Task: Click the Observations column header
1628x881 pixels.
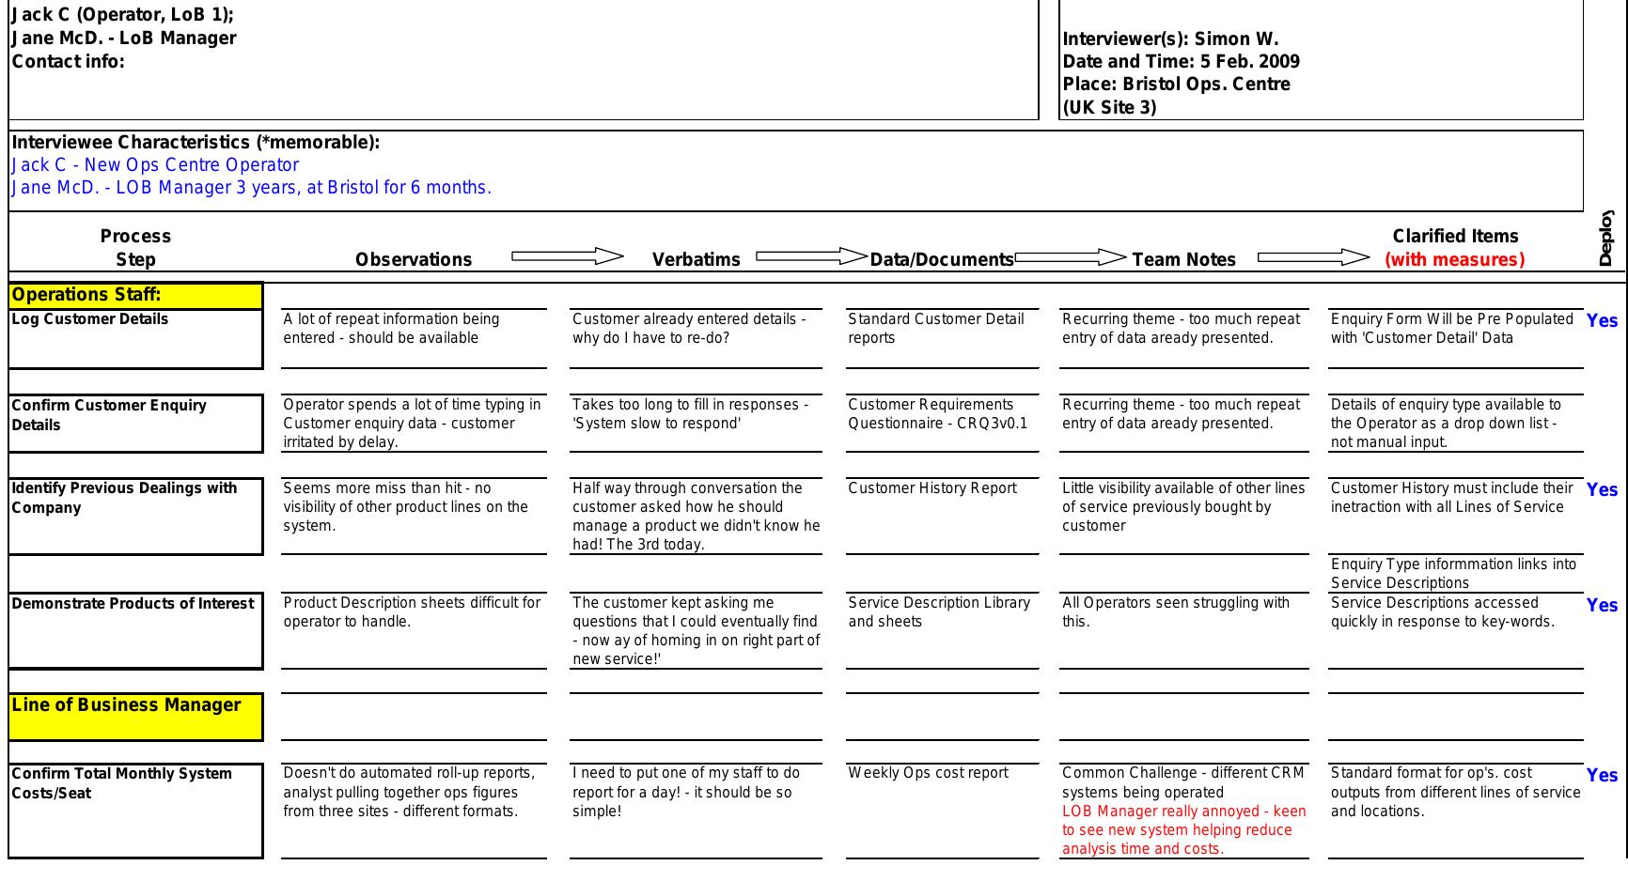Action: (x=414, y=260)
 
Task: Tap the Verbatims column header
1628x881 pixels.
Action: (x=696, y=260)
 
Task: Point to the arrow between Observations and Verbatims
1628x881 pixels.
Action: (x=568, y=256)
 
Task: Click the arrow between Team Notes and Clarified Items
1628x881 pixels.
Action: (x=1313, y=257)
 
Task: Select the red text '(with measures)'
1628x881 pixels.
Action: (x=1454, y=260)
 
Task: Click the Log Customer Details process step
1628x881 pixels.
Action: (x=90, y=319)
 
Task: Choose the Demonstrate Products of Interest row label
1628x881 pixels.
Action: (x=133, y=604)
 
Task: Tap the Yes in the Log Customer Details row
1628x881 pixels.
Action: (x=1602, y=321)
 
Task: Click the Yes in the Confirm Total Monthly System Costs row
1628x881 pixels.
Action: (x=1602, y=776)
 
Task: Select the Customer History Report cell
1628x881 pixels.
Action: (x=931, y=488)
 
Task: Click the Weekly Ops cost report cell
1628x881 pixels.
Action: (x=928, y=773)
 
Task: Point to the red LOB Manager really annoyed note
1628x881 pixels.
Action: (x=1183, y=830)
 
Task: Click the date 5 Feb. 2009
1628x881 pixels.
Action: (x=1249, y=62)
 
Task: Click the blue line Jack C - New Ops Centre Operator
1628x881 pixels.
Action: (x=155, y=165)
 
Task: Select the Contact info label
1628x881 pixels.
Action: (x=68, y=62)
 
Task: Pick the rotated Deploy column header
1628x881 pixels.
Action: (x=1605, y=239)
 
